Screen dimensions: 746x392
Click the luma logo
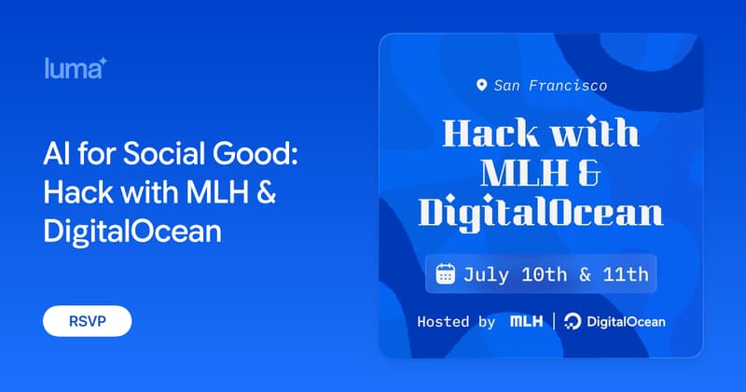point(76,68)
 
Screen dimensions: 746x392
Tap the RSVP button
point(87,321)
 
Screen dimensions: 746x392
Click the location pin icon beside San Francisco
point(481,85)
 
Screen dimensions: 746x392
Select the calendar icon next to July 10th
point(446,273)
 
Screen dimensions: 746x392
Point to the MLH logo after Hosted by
point(526,321)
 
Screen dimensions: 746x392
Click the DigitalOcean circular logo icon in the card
point(573,321)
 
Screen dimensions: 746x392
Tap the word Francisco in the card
point(568,86)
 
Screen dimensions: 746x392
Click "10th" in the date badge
point(545,274)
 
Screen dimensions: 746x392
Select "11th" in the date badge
point(626,274)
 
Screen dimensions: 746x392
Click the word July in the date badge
point(486,275)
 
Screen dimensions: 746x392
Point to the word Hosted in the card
point(443,321)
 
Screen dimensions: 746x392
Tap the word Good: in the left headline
point(256,153)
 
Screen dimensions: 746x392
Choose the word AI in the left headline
point(57,154)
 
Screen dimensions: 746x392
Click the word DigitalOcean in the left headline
point(132,231)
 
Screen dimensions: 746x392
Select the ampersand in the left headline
point(267,192)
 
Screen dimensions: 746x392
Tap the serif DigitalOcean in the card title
point(541,213)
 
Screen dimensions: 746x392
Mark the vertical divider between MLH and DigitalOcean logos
point(554,321)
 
